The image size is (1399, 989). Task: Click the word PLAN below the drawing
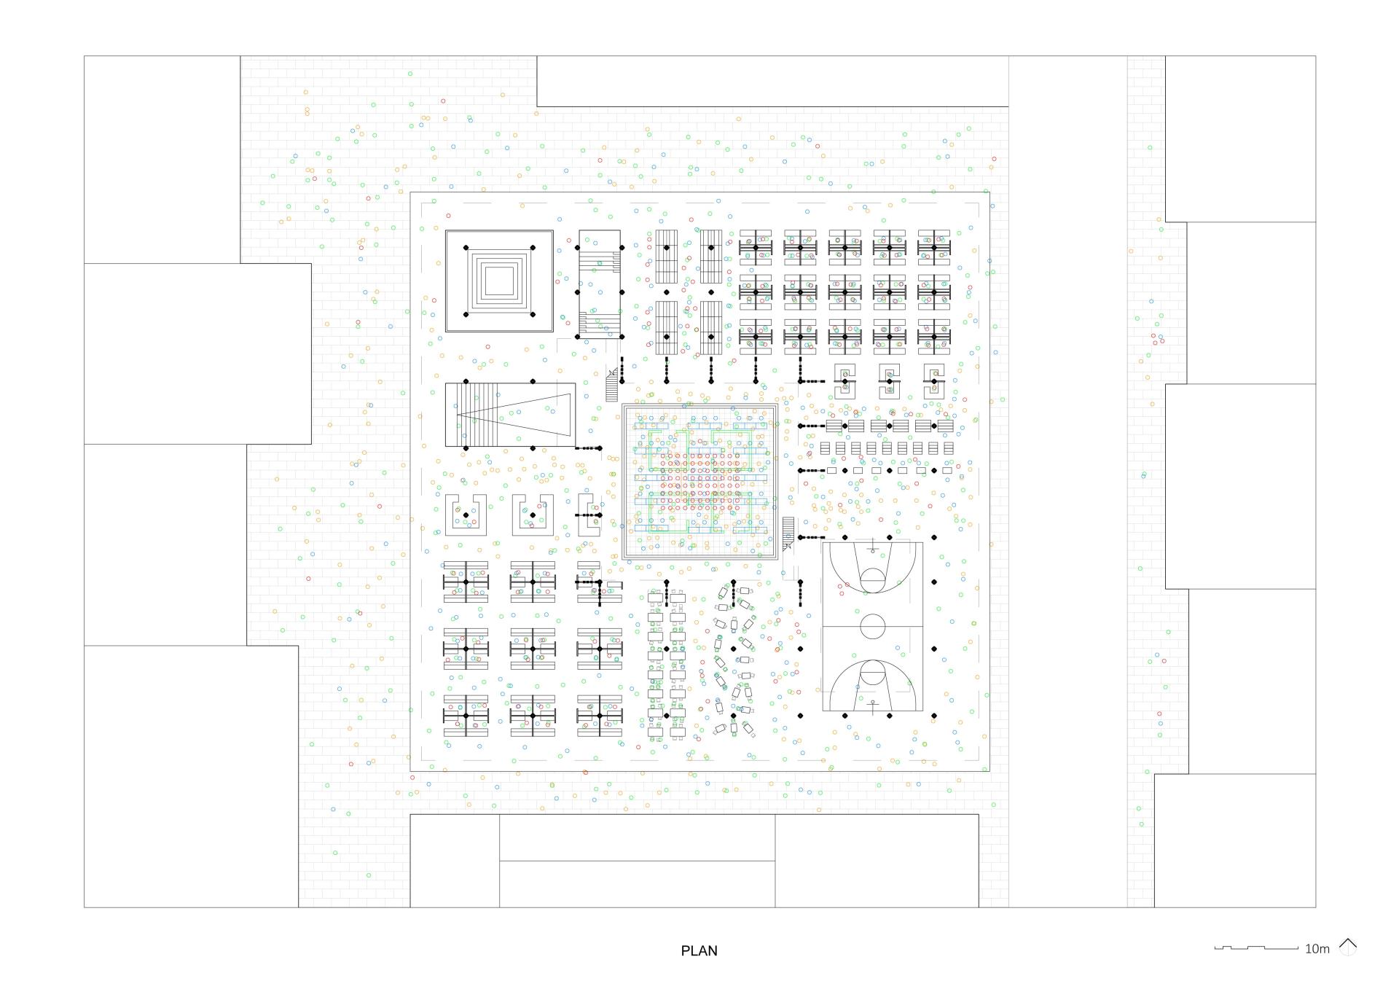[x=699, y=950]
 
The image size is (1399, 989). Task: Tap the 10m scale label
[x=1317, y=949]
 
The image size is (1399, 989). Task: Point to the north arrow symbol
[x=1348, y=947]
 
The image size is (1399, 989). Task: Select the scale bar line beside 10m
[x=1256, y=948]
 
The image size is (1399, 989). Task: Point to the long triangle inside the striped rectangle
[x=514, y=414]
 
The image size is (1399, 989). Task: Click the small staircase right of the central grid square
[x=788, y=533]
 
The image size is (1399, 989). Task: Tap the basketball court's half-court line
[x=873, y=626]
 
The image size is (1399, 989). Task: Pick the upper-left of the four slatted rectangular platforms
[x=666, y=257]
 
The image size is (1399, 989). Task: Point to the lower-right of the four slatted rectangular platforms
[x=711, y=328]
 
